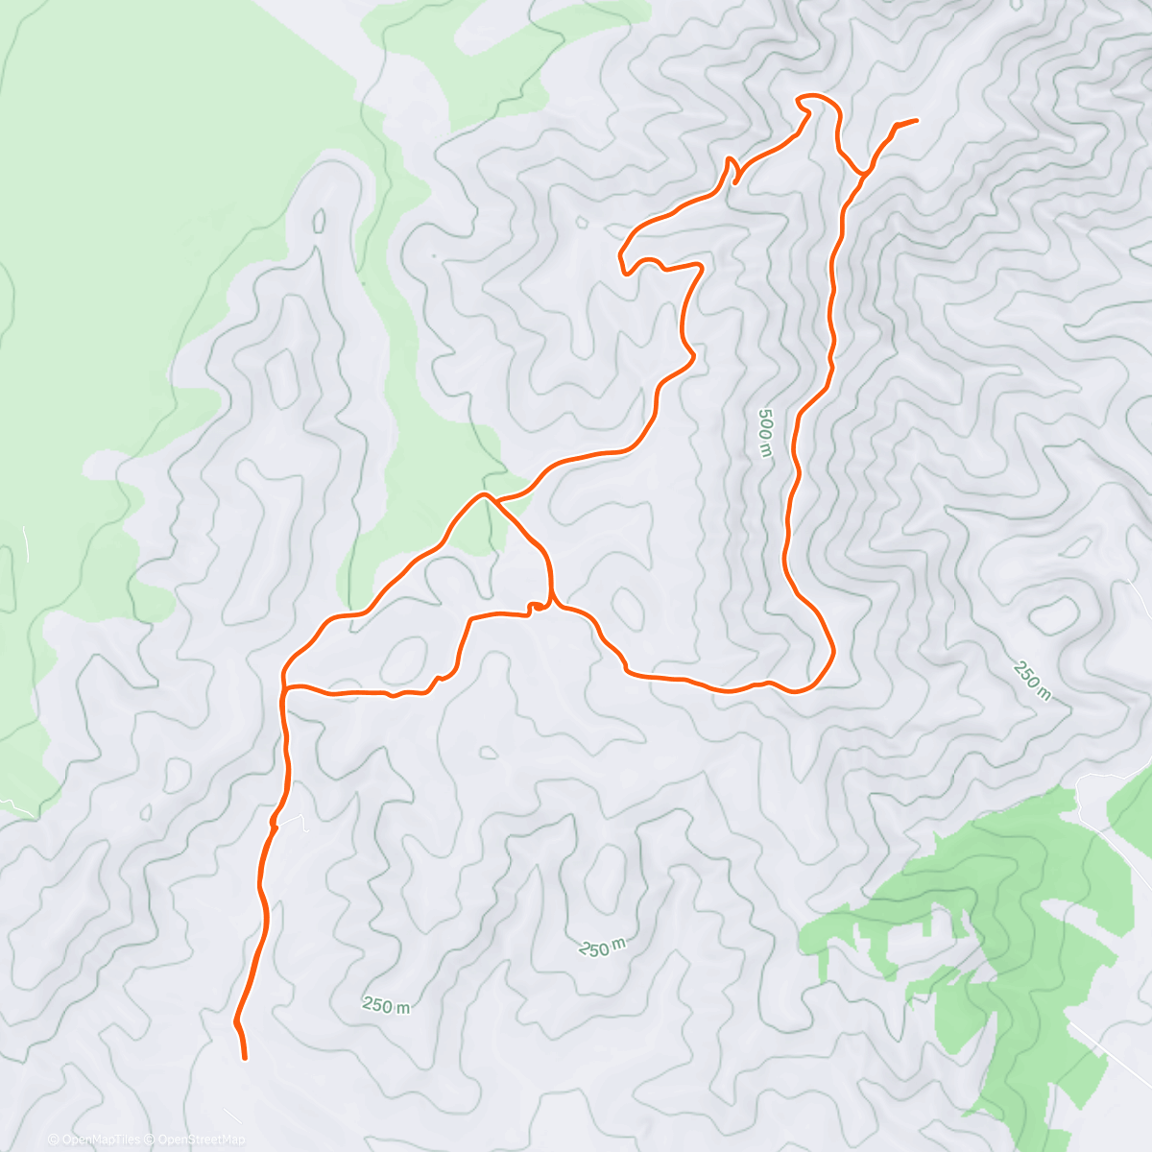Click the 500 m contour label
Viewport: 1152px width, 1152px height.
point(764,433)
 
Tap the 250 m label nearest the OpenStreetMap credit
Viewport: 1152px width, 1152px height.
point(386,1005)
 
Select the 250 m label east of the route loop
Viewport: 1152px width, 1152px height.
point(1030,681)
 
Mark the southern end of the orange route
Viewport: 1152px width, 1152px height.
point(245,1058)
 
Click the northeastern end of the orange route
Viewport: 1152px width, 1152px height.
point(916,120)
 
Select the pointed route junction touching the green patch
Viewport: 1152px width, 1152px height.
point(485,495)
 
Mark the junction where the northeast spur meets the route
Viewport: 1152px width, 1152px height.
point(864,174)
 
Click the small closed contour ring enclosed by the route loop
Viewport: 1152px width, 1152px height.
point(628,605)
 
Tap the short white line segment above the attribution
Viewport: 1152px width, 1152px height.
point(231,1114)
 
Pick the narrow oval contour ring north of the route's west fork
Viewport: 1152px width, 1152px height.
point(318,222)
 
